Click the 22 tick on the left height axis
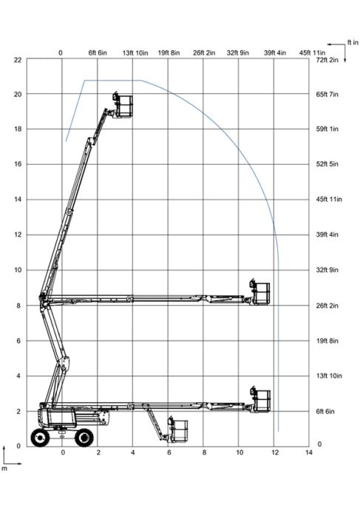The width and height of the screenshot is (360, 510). (x=18, y=60)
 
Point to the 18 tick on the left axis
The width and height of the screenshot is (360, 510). (x=18, y=129)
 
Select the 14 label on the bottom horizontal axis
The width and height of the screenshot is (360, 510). (x=308, y=452)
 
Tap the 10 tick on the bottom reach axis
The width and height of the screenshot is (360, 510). (x=240, y=452)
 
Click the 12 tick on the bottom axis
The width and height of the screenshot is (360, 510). (x=275, y=452)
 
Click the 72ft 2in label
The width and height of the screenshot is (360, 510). (x=327, y=60)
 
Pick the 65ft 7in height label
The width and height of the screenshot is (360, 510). (x=327, y=95)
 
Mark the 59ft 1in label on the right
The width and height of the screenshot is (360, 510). (x=327, y=129)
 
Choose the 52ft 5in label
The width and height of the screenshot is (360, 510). (x=327, y=164)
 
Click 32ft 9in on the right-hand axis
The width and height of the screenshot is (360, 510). (x=327, y=270)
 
